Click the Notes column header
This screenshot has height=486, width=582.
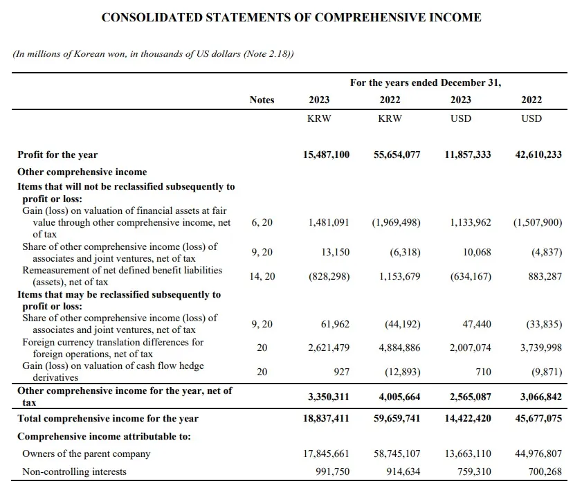coord(262,100)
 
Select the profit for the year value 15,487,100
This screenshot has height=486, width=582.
coord(326,154)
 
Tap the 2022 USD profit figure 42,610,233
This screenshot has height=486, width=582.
coord(538,154)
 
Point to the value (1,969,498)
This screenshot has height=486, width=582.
coord(397,222)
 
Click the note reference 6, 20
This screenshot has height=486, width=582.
coord(262,222)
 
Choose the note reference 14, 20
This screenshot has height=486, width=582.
coord(262,276)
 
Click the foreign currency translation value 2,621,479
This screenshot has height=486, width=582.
coord(329,348)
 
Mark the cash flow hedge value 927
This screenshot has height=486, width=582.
coord(340,372)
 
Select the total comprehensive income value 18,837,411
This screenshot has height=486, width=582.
coord(326,418)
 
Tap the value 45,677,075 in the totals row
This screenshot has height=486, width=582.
coord(538,418)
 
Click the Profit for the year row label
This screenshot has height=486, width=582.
coord(57,154)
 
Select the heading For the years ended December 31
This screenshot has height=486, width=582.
coord(425,82)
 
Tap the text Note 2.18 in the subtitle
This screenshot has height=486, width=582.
coord(267,54)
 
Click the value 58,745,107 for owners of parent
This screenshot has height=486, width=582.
coord(397,454)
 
